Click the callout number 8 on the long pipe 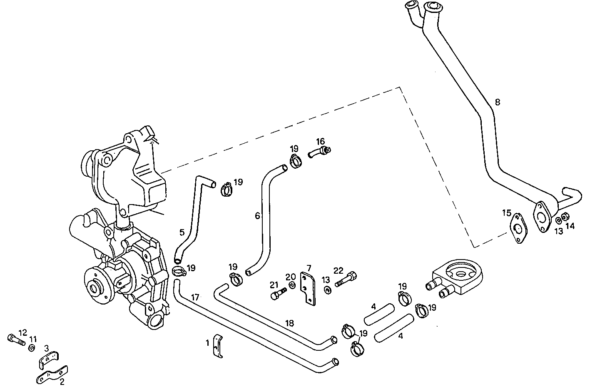(x=498, y=102)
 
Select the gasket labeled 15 (x=518, y=229)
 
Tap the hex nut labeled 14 (x=565, y=217)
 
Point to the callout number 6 (x=257, y=215)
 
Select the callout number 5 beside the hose (x=182, y=232)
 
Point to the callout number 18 (x=290, y=324)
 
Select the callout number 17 (x=195, y=297)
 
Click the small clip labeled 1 (x=218, y=346)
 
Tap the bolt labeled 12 (x=16, y=339)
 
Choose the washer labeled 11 (x=32, y=348)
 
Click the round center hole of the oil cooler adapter (x=461, y=274)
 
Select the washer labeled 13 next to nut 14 (x=558, y=220)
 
